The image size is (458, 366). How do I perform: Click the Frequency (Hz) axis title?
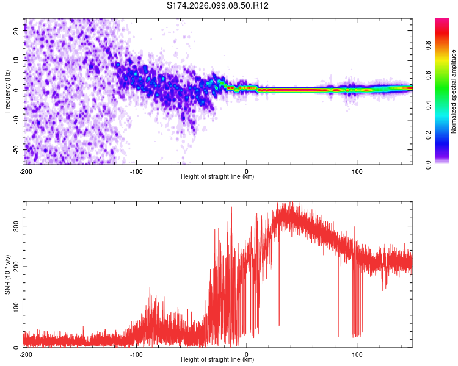(x=8, y=91)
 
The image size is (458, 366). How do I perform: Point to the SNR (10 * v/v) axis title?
(x=8, y=274)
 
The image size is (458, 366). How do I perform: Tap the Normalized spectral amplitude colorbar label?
(x=454, y=91)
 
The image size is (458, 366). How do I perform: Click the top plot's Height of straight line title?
(x=217, y=176)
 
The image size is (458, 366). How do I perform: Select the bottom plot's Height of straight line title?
(x=217, y=359)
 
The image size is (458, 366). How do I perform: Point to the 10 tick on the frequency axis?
(x=16, y=61)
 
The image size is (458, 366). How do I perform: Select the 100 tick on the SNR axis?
(x=14, y=307)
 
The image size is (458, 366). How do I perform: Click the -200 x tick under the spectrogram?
(x=26, y=171)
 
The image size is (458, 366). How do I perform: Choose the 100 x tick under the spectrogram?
(x=357, y=171)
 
